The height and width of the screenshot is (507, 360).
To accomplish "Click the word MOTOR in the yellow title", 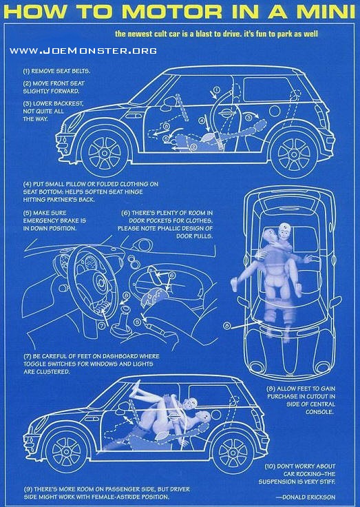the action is coord(172,12).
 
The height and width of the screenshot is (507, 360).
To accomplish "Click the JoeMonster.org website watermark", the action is coord(83,51).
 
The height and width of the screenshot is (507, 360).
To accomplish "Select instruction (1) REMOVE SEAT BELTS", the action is coord(56,71).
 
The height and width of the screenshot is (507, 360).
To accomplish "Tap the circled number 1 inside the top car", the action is coord(217,90).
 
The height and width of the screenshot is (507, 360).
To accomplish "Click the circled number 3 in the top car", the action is coord(248,118).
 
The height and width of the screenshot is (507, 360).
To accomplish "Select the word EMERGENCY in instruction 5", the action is coord(41,221).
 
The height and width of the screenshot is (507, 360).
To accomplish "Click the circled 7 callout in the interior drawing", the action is coord(101,326).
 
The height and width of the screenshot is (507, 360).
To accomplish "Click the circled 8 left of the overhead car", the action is coord(227,326).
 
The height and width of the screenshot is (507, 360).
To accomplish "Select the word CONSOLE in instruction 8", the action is coord(320,412).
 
